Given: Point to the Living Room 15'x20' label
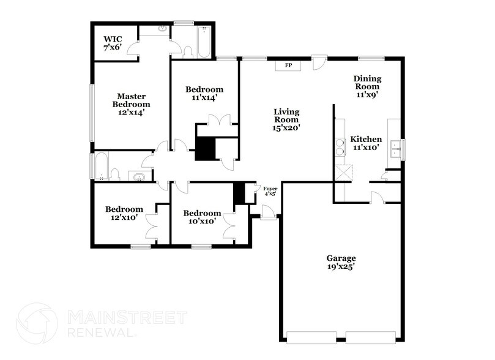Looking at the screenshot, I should [x=286, y=119].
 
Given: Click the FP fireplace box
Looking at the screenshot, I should [x=288, y=65].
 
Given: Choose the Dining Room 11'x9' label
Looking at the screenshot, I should [x=367, y=86].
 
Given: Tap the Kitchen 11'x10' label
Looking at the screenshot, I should [x=366, y=143].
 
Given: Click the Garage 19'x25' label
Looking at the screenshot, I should [x=341, y=262].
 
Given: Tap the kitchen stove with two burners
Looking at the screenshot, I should [x=338, y=149].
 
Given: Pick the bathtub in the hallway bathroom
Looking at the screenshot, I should [x=102, y=166].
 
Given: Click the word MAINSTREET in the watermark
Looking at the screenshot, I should [x=126, y=318].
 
